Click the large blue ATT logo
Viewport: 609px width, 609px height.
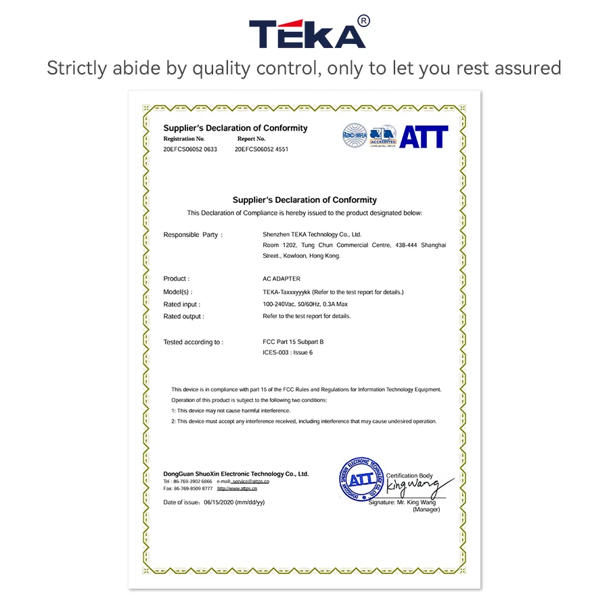point(424,137)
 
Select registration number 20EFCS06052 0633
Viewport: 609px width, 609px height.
point(190,150)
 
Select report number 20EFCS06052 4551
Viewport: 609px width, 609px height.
point(261,150)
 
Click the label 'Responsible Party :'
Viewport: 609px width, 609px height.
point(193,235)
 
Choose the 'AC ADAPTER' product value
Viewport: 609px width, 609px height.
point(281,279)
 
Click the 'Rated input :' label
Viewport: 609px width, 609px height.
point(182,304)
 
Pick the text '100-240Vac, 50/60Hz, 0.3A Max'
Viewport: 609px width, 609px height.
point(305,304)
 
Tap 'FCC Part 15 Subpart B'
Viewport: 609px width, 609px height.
point(293,342)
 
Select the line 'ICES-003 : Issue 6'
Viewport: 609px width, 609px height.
point(288,353)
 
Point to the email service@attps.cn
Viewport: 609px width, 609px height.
point(250,481)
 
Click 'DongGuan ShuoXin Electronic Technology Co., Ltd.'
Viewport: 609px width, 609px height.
point(235,474)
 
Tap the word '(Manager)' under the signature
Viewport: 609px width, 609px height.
point(426,510)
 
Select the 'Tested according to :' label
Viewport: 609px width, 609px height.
point(193,342)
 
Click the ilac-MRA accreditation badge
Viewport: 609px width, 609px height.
point(354,135)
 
